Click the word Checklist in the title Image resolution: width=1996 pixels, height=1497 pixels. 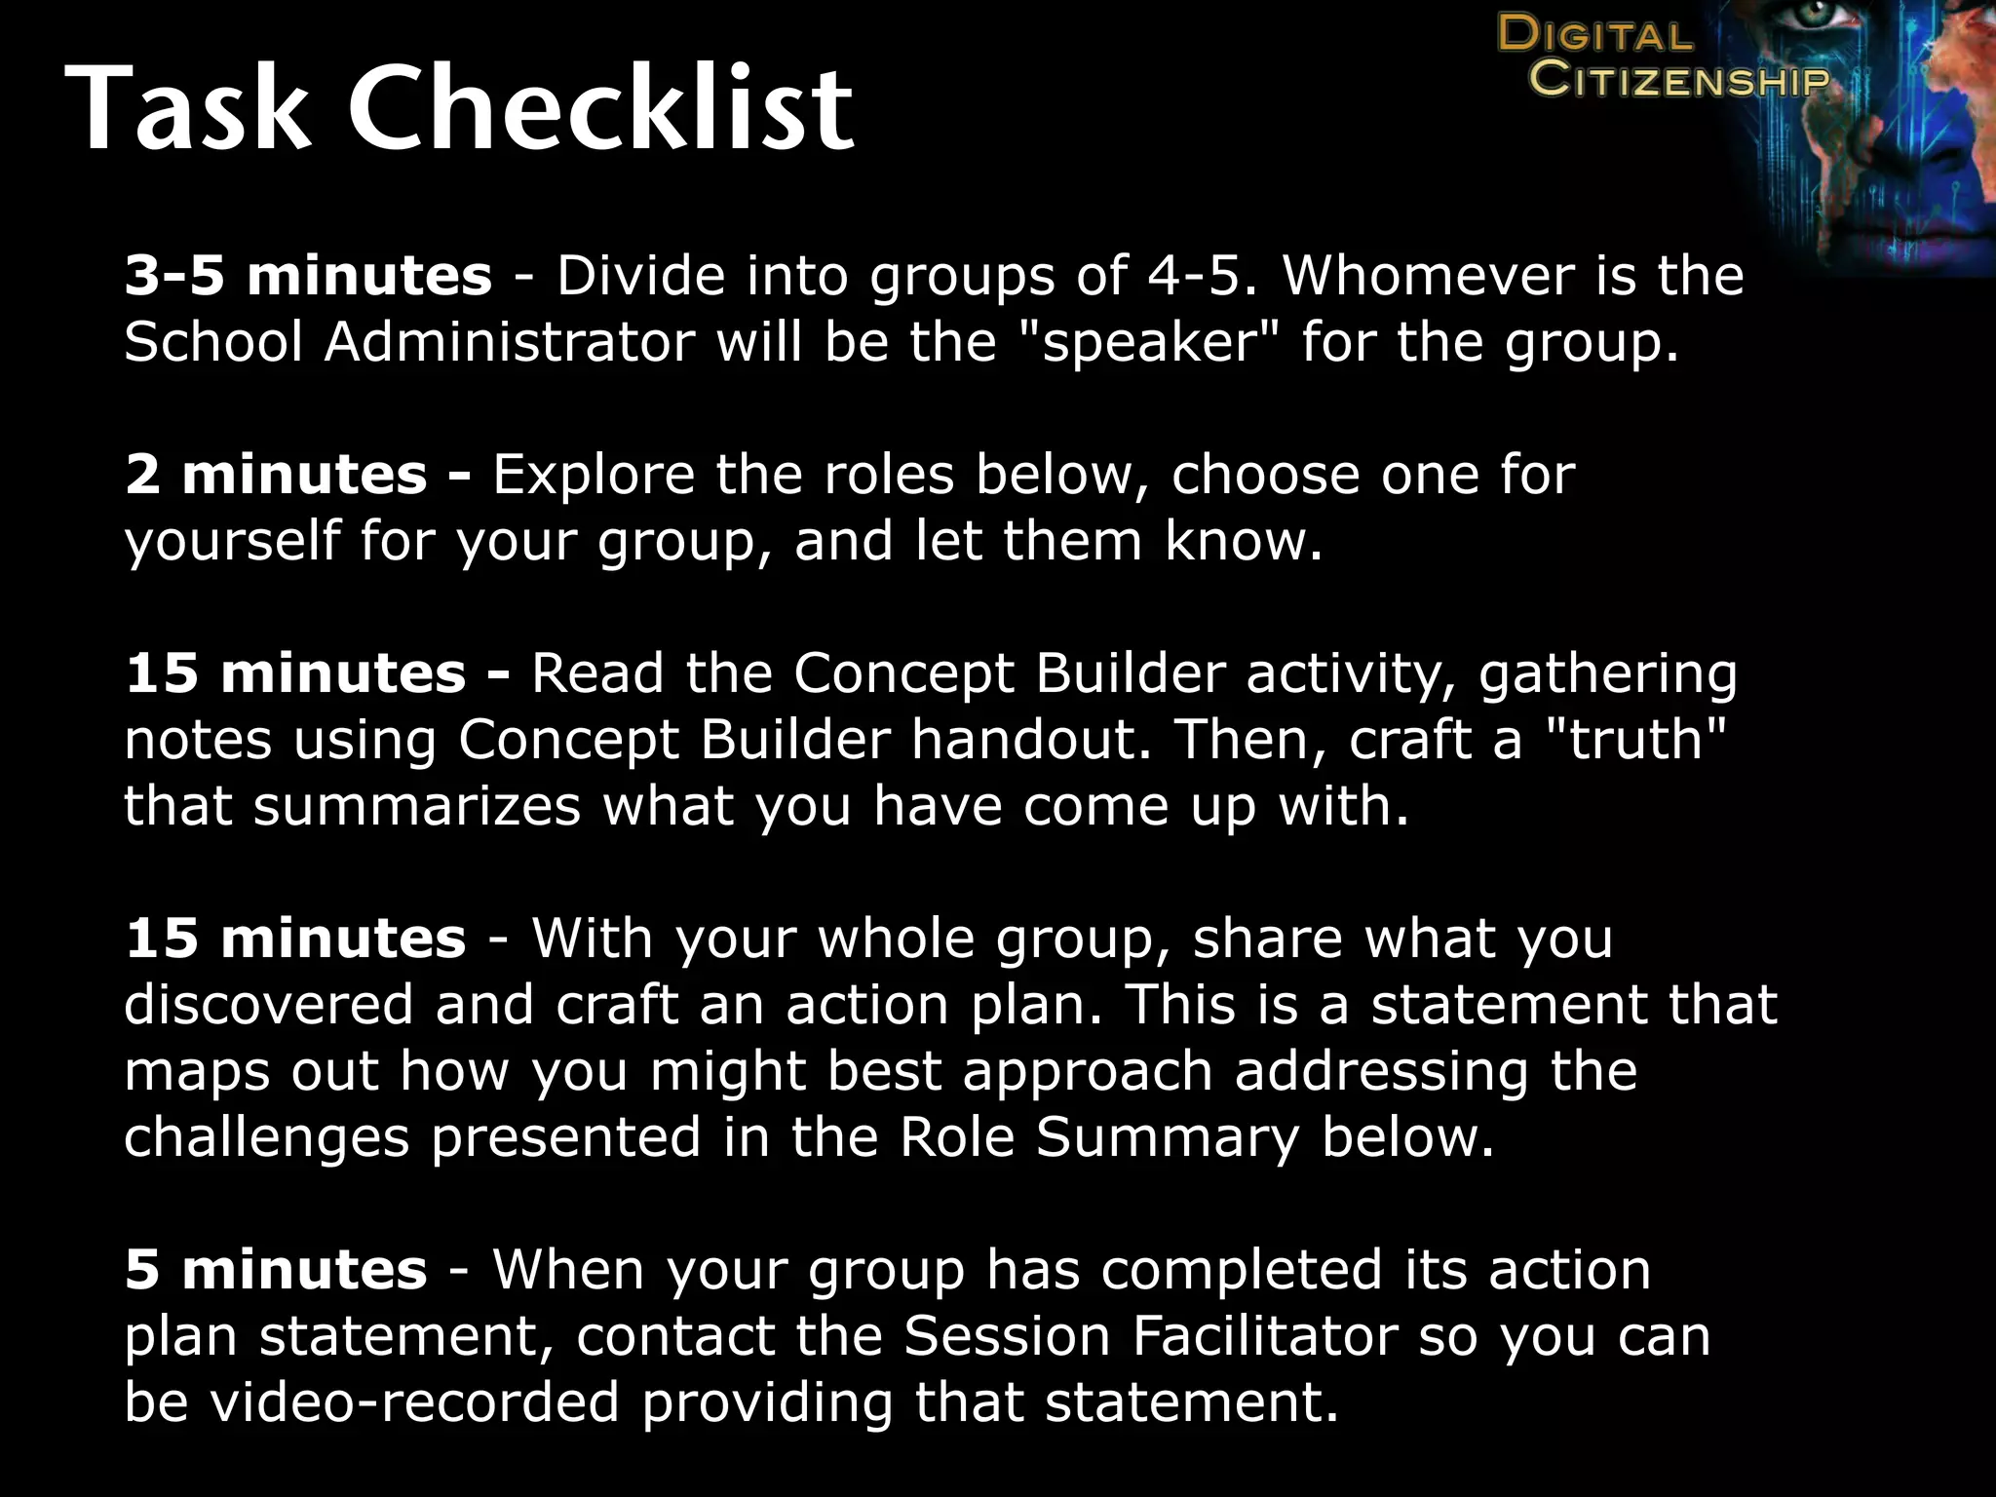600,107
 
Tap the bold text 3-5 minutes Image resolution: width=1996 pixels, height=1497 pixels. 308,276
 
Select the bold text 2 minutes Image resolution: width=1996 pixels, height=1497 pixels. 276,475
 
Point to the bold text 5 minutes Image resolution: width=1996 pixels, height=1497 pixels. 276,1270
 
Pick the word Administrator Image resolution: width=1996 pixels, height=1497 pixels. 509,342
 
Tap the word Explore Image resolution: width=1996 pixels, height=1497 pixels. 594,475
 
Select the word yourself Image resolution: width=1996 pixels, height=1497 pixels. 232,542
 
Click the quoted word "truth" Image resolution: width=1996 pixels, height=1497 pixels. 1637,740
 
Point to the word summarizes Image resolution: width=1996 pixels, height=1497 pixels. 417,806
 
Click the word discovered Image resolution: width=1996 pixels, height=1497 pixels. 269,1005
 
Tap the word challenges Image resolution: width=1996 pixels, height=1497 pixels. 266,1137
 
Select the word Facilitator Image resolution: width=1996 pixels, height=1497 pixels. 1264,1336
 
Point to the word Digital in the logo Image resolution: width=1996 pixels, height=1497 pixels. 1595,35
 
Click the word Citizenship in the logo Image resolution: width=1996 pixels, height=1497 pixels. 1678,78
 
